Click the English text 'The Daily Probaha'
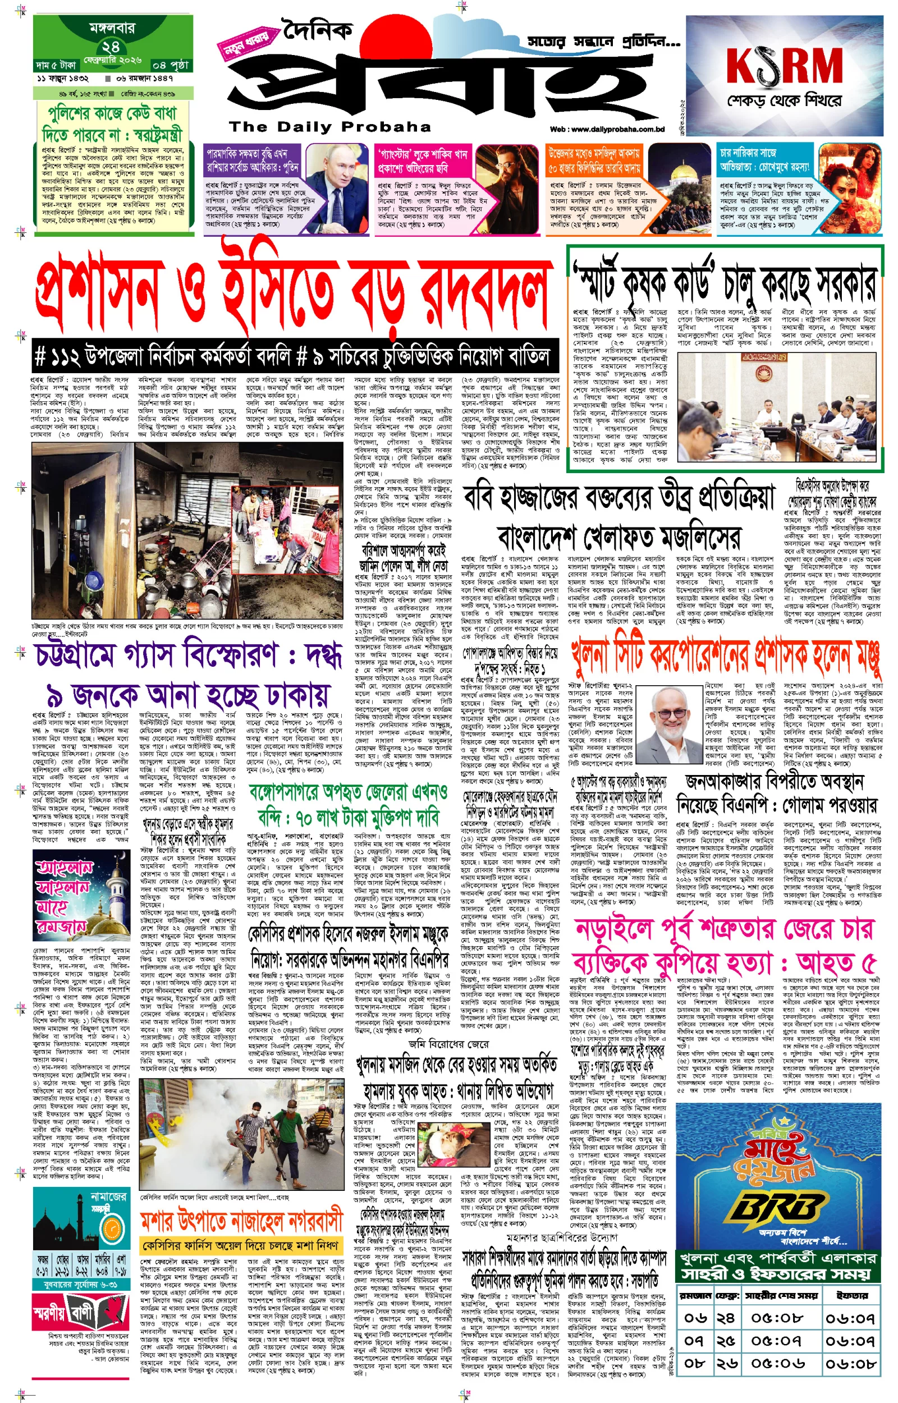pyautogui.click(x=330, y=126)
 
